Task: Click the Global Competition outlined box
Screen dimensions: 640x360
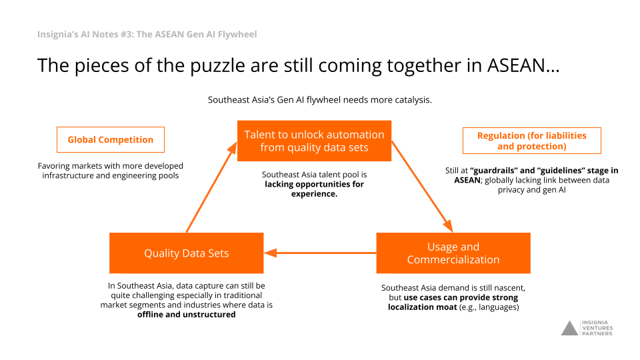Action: [x=111, y=139]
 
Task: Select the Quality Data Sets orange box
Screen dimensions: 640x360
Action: [x=187, y=253]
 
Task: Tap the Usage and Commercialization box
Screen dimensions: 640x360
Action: [x=453, y=253]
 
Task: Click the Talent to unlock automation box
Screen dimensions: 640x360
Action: [x=314, y=141]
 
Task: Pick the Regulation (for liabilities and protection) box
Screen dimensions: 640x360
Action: [x=532, y=141]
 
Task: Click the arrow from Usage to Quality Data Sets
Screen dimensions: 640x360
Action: [x=320, y=253]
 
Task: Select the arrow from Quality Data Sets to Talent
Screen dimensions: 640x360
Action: [x=212, y=187]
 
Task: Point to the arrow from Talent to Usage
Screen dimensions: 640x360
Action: [x=423, y=187]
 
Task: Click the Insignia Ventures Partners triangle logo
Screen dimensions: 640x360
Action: [x=570, y=328]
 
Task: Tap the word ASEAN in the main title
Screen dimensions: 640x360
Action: [x=523, y=65]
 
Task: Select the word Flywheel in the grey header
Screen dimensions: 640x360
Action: [x=237, y=34]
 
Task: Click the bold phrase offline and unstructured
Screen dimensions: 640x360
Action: [x=187, y=315]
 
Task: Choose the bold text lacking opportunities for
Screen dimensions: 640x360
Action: [x=314, y=184]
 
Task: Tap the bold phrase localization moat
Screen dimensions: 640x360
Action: [x=423, y=307]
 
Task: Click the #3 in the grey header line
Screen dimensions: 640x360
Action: [x=127, y=34]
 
